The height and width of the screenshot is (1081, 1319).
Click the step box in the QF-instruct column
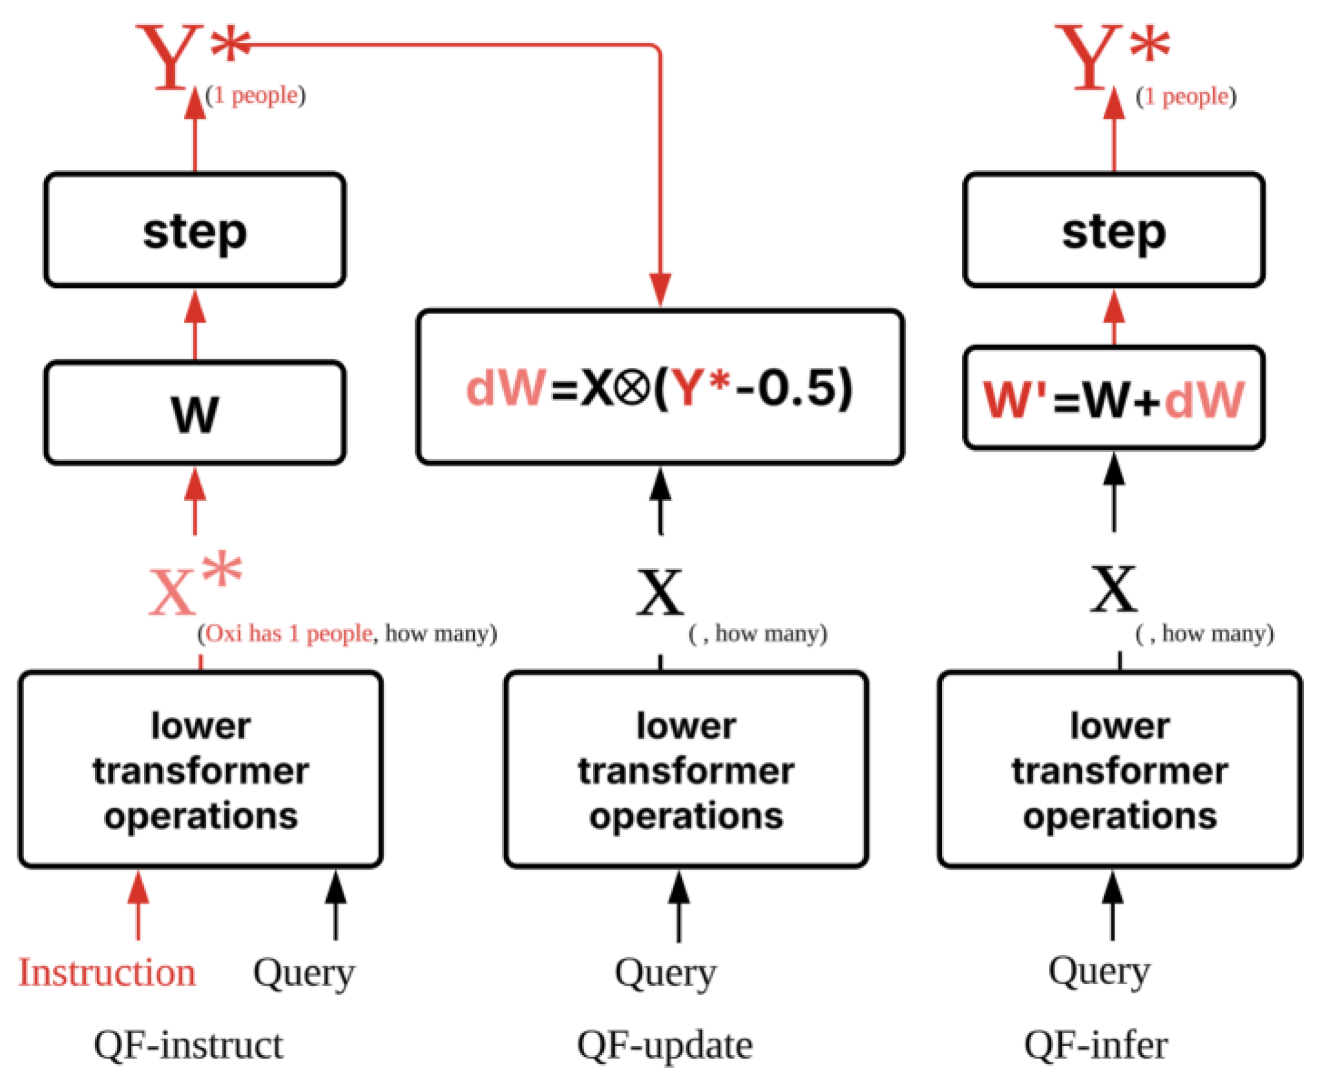point(194,230)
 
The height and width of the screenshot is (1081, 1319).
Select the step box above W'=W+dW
point(1113,230)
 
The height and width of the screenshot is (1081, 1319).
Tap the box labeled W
point(194,413)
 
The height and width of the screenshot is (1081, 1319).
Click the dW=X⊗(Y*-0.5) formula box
point(659,387)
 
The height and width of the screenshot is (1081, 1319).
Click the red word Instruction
point(106,972)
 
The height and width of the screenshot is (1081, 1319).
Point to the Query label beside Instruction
point(303,973)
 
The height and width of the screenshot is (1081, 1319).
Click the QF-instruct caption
point(188,1045)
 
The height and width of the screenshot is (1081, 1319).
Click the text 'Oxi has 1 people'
point(289,634)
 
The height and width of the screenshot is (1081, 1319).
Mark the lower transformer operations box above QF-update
point(686,769)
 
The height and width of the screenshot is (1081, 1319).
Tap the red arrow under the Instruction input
point(138,906)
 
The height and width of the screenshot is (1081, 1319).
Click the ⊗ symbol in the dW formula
point(632,388)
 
